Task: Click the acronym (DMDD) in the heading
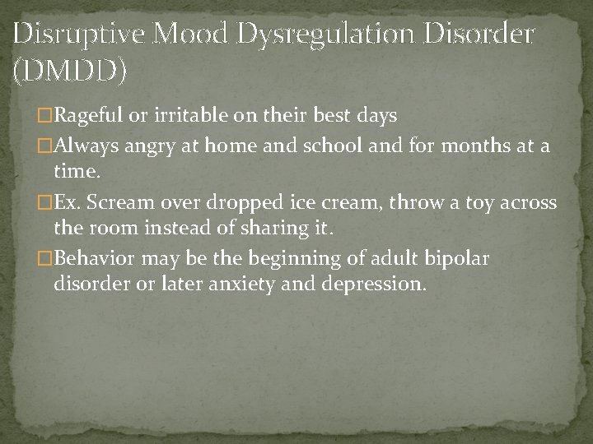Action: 71,72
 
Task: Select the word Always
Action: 84,146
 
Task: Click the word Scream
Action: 128,202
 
